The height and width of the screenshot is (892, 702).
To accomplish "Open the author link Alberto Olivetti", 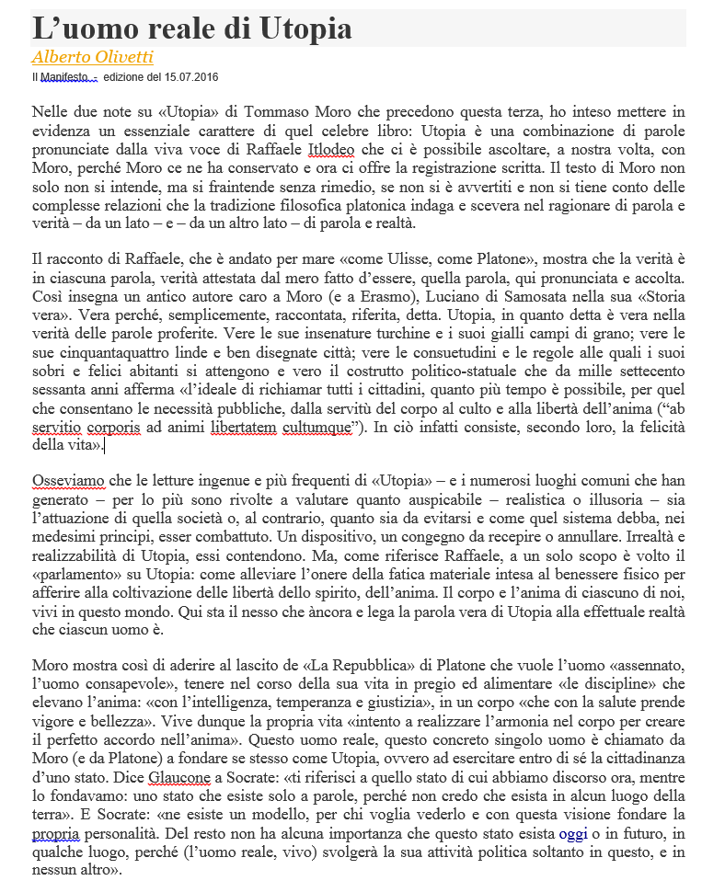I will click(92, 56).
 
